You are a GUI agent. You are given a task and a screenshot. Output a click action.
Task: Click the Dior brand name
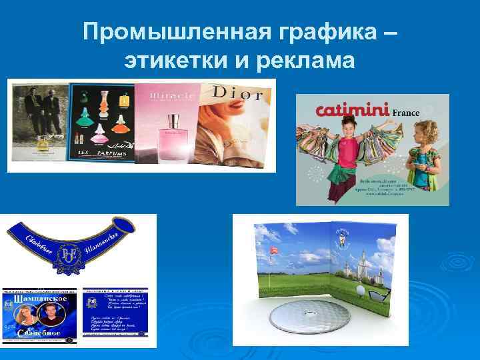tap(238, 93)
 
